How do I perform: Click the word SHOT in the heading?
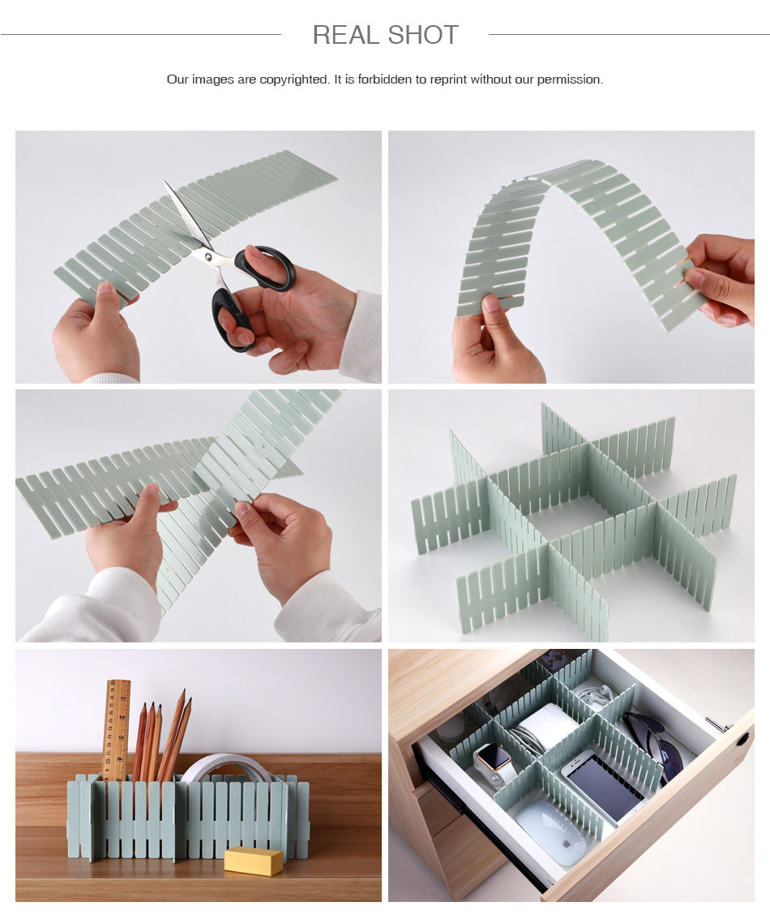tap(423, 35)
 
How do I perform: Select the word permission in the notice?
tap(570, 79)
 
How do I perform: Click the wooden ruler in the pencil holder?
tap(118, 726)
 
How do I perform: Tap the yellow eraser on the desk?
tap(253, 860)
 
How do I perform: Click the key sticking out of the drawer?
tap(717, 724)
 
